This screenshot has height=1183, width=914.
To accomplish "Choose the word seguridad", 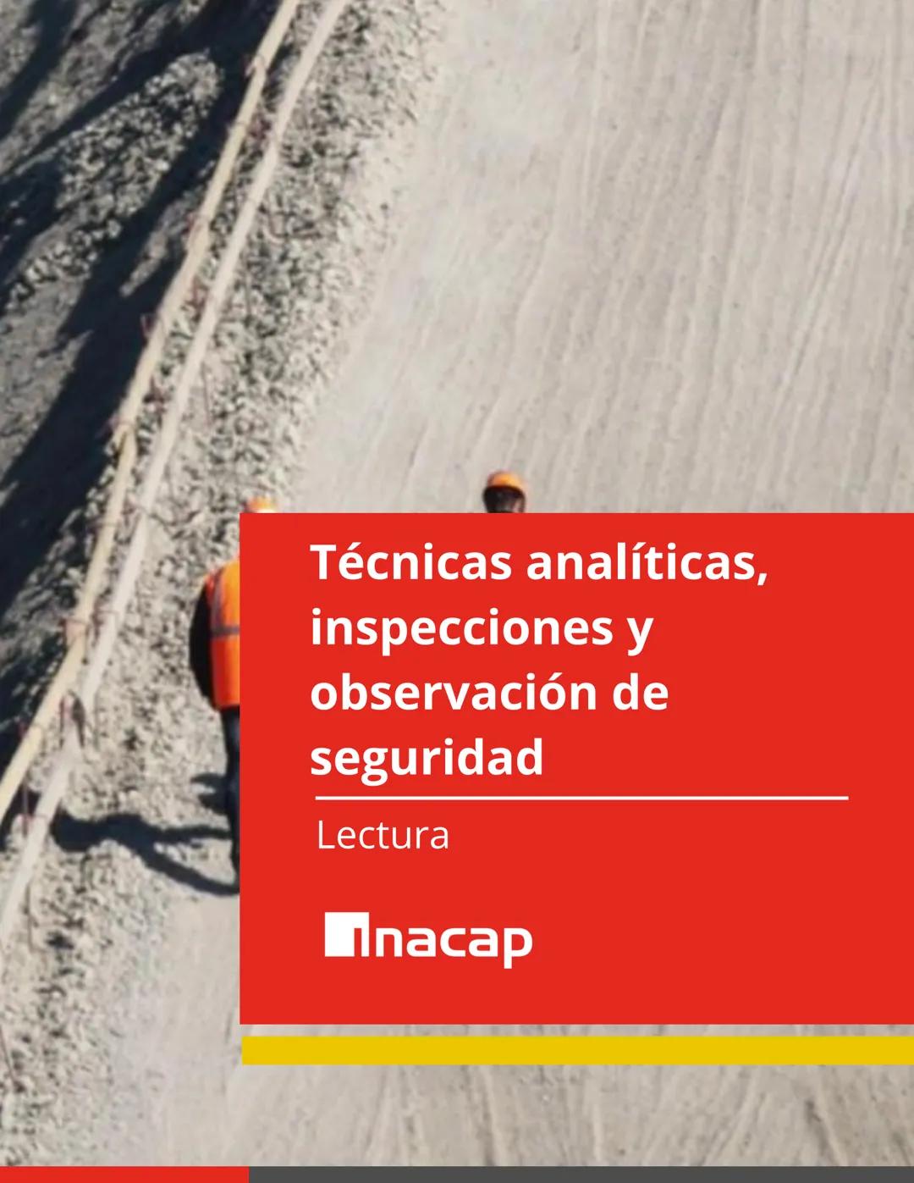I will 427,758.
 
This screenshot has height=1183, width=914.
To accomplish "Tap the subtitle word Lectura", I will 382,836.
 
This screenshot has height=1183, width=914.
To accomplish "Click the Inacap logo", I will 428,938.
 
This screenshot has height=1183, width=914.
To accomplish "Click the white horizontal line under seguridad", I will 581,798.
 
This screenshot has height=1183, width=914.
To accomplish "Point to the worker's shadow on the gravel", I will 144,847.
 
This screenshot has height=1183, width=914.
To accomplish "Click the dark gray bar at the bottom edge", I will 581,1175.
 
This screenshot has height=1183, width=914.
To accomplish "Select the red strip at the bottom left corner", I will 124,1175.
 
